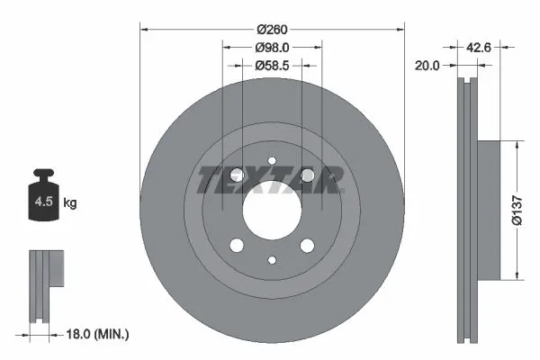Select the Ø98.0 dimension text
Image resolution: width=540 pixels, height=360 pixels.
[271, 47]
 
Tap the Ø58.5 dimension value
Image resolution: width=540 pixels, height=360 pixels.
[271, 65]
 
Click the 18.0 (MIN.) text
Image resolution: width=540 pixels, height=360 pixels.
[98, 334]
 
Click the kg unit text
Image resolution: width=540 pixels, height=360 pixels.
[70, 203]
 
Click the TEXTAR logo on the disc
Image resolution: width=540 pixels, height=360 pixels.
[271, 180]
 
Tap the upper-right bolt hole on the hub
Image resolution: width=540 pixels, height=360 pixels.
[307, 175]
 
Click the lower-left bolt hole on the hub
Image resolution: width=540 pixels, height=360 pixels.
[236, 246]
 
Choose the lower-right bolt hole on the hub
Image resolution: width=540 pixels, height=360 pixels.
[307, 246]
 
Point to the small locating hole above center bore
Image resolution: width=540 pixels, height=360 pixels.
[271, 163]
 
